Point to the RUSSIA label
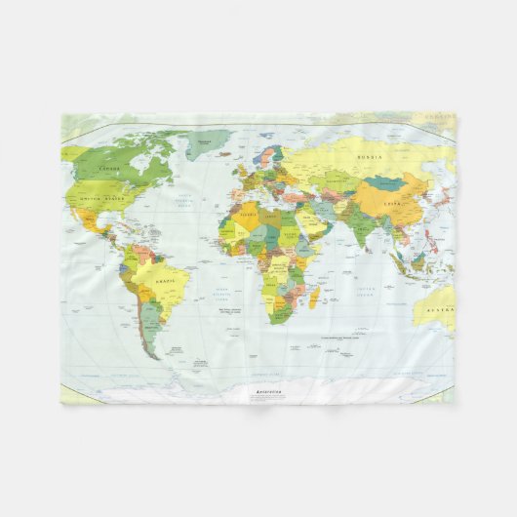click(369, 156)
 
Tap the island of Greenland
click(208, 144)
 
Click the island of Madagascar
click(315, 297)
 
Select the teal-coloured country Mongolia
click(387, 182)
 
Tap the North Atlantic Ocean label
click(183, 205)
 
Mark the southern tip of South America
click(154, 355)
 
